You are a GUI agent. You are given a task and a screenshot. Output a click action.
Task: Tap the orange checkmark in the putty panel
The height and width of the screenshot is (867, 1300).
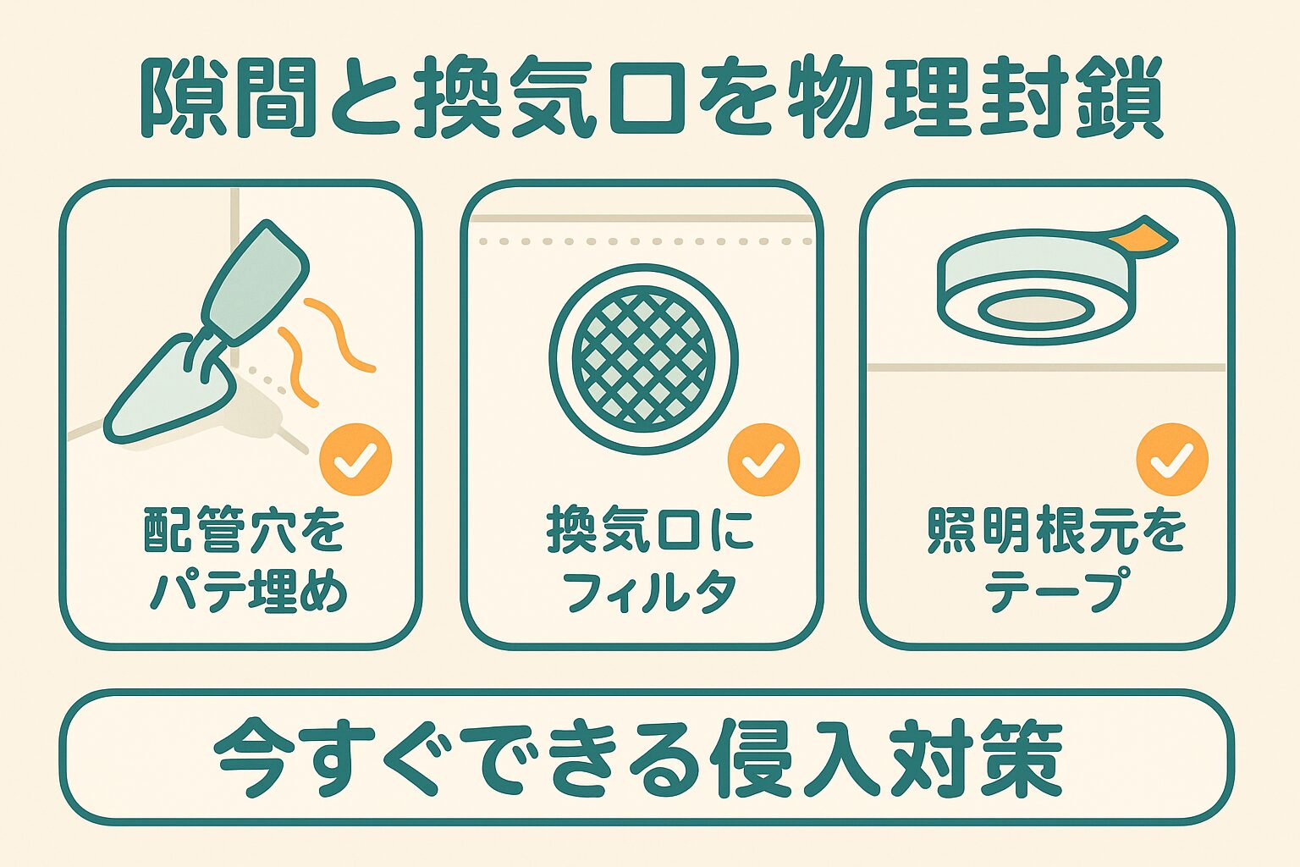coord(355,460)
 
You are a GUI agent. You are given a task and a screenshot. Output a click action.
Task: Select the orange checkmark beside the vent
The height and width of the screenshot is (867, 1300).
coord(763,460)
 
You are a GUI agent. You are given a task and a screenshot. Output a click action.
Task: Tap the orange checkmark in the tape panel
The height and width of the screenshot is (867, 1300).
coord(1172,460)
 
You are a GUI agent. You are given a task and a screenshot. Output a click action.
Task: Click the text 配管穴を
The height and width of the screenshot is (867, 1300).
coord(244,532)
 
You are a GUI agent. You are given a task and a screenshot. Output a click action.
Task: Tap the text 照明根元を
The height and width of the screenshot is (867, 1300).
coord(1056,532)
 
